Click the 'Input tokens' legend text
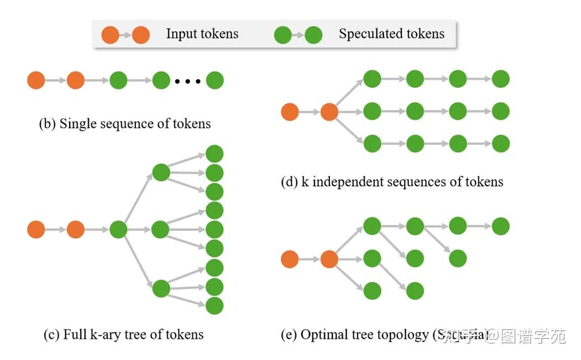click(x=202, y=34)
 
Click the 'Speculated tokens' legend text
click(x=391, y=34)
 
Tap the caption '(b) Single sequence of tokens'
click(x=124, y=123)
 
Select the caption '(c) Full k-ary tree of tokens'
click(x=123, y=335)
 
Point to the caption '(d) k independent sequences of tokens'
click(x=392, y=181)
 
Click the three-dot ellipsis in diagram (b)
click(x=187, y=81)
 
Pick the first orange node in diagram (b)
click(x=36, y=81)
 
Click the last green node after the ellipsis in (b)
click(x=215, y=81)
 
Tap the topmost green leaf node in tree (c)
click(x=214, y=154)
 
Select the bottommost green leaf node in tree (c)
click(x=214, y=305)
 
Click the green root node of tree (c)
click(x=118, y=229)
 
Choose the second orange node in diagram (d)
click(x=329, y=112)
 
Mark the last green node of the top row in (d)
click(x=500, y=79)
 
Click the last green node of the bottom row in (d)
click(x=500, y=144)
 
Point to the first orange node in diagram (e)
click(x=290, y=258)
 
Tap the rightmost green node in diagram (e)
click(x=500, y=226)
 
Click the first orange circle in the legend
click(x=109, y=35)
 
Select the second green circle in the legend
click(x=314, y=35)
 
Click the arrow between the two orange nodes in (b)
click(x=56, y=81)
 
